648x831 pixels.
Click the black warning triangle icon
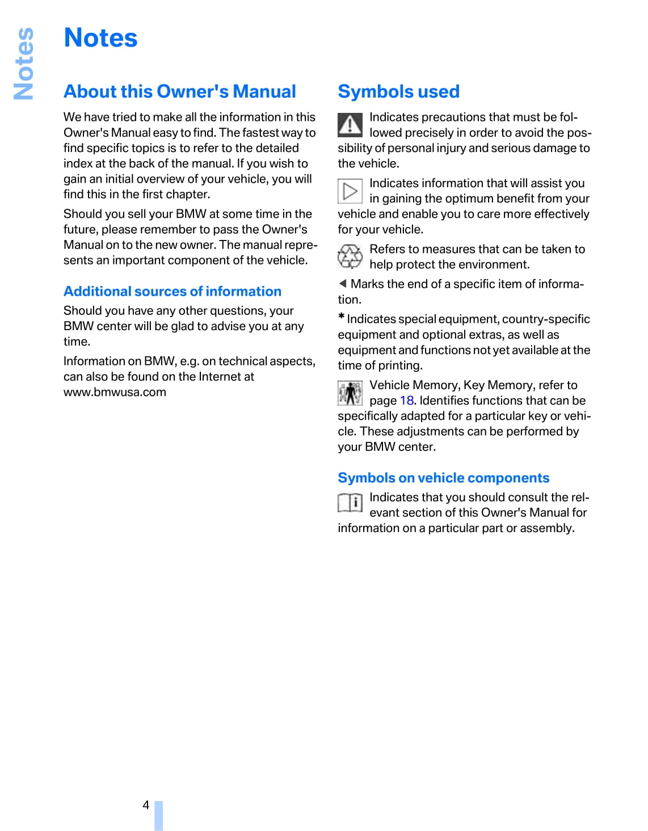pos(350,125)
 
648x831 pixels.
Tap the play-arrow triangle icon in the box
pos(350,191)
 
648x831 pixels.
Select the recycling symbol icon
pos(350,256)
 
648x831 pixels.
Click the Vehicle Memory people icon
pos(350,393)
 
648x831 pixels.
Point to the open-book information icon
pos(350,503)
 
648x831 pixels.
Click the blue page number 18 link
pos(406,401)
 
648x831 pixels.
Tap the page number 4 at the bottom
pos(146,805)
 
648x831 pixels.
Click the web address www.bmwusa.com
pos(115,393)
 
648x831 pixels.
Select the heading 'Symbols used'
pos(398,92)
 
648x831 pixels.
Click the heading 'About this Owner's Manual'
pos(180,92)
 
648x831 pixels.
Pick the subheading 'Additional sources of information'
pos(172,292)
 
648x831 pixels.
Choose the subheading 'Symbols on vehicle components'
pos(443,478)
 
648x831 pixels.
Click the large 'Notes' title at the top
pos(101,39)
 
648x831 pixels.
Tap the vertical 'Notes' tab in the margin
pos(24,64)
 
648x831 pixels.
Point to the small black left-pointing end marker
pos(343,284)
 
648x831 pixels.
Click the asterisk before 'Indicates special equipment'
pos(342,317)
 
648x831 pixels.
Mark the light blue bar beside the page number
pos(159,816)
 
